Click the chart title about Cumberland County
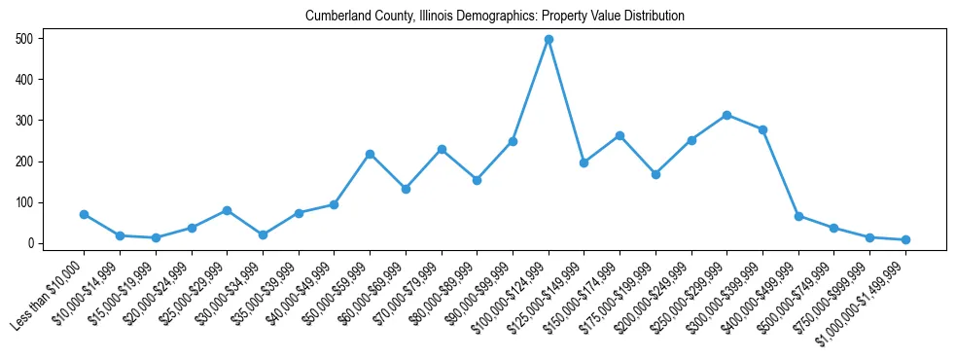(x=494, y=17)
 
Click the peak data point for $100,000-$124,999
(x=549, y=39)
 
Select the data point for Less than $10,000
(x=84, y=214)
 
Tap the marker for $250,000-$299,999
(x=726, y=115)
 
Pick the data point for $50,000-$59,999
(x=370, y=154)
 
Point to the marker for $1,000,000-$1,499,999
(x=905, y=239)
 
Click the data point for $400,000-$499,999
(x=798, y=216)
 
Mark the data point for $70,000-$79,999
(x=442, y=149)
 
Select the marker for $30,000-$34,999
(x=263, y=234)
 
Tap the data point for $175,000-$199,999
(x=655, y=174)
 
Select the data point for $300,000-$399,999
(x=762, y=129)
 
